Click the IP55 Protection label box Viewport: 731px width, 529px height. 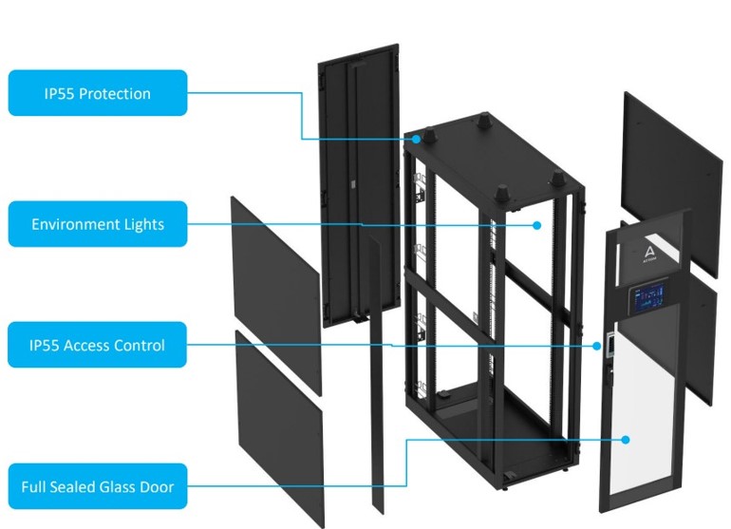point(98,93)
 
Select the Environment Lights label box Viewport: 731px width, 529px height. point(98,224)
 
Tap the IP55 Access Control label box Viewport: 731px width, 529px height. point(98,345)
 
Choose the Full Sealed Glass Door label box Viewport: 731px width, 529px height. point(98,487)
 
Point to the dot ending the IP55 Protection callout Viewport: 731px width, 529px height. point(417,140)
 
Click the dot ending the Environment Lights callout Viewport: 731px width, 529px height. point(536,225)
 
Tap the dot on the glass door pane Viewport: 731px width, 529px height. point(627,439)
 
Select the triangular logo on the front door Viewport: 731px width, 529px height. point(647,250)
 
